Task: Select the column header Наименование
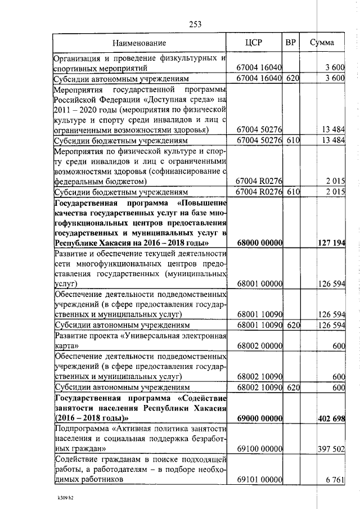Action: (139, 43)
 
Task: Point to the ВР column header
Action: (291, 43)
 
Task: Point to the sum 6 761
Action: (335, 479)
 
